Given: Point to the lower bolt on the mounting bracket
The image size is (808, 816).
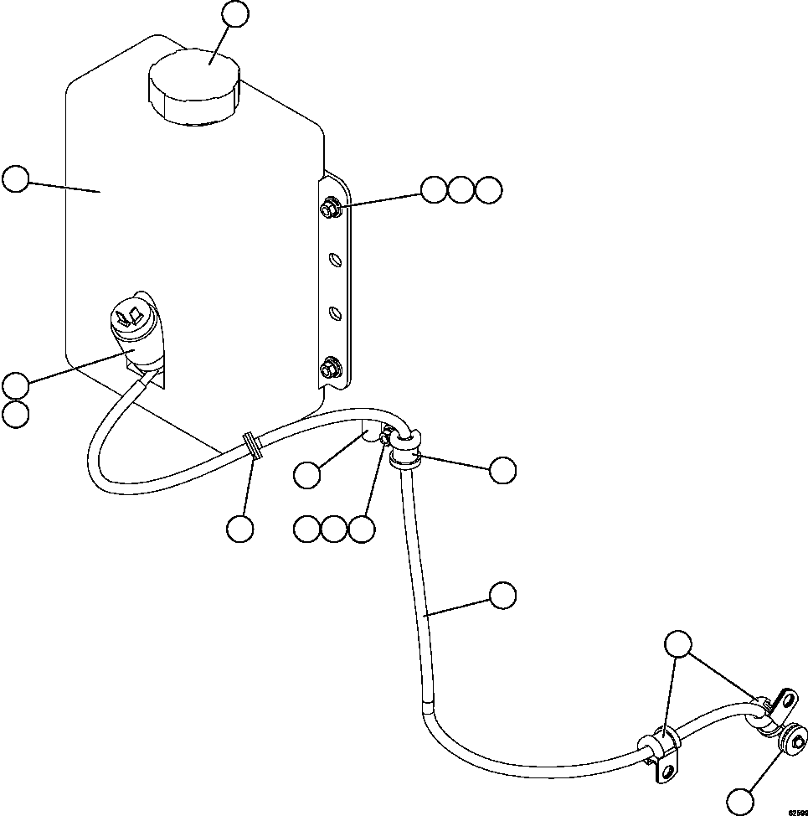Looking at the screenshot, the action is [329, 367].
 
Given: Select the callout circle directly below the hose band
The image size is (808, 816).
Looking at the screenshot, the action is [240, 529].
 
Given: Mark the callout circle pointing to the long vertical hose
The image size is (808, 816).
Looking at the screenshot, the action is [502, 595].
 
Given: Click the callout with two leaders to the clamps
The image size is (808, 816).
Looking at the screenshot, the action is [678, 644].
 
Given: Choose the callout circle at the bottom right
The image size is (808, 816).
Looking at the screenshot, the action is [740, 799].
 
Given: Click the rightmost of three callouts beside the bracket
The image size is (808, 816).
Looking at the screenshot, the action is [488, 190].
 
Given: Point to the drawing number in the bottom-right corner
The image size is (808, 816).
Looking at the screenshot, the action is [796, 812].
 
